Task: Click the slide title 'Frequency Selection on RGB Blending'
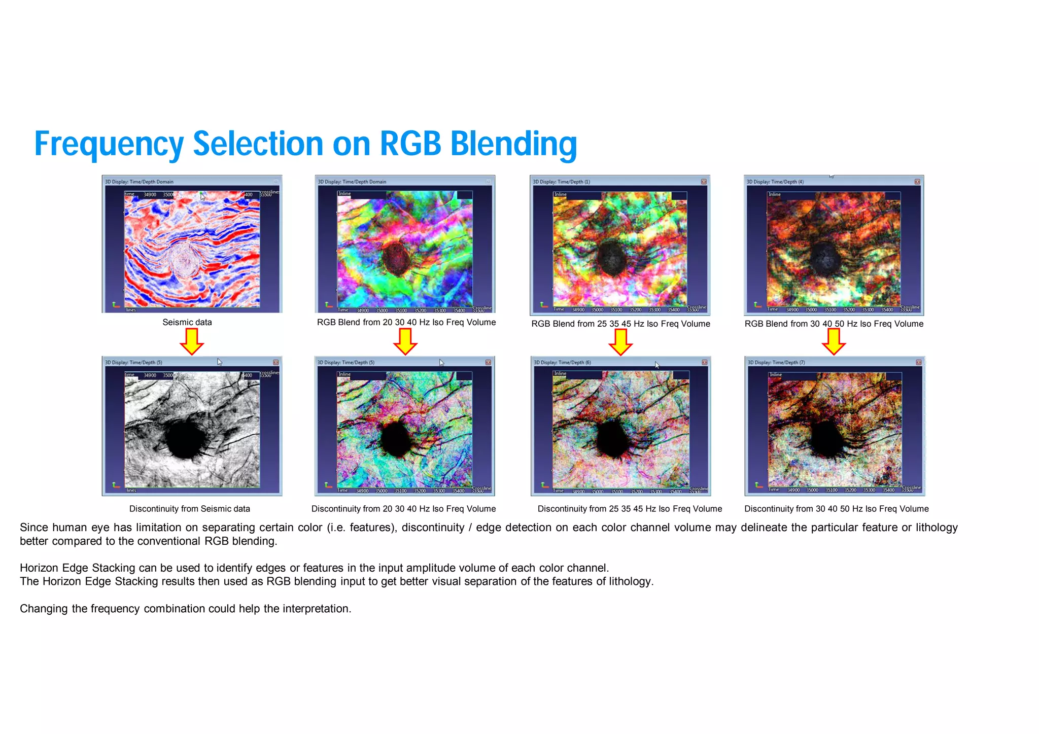pyautogui.click(x=305, y=144)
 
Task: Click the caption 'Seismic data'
pyautogui.click(x=187, y=322)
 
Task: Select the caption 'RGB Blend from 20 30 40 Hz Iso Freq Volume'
pyautogui.click(x=406, y=322)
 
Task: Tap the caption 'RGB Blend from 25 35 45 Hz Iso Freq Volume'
pyautogui.click(x=620, y=324)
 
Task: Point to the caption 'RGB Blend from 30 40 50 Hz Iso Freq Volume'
pyautogui.click(x=834, y=324)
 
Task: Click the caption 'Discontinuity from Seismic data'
pyautogui.click(x=189, y=509)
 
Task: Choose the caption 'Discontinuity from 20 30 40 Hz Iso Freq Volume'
pyautogui.click(x=403, y=509)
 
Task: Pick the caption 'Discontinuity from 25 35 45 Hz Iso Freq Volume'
pyautogui.click(x=630, y=509)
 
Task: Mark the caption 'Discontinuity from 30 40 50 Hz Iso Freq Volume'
pyautogui.click(x=836, y=509)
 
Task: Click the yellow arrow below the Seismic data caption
pyautogui.click(x=192, y=341)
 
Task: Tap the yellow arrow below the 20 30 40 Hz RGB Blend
pyautogui.click(x=405, y=341)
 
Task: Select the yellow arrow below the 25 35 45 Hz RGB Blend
pyautogui.click(x=620, y=342)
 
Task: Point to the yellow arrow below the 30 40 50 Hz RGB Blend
pyautogui.click(x=834, y=342)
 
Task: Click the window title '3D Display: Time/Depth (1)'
pyautogui.click(x=561, y=182)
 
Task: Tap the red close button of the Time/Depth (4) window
pyautogui.click(x=917, y=182)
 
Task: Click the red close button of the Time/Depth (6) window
pyautogui.click(x=704, y=362)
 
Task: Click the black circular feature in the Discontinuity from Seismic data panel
pyautogui.click(x=185, y=439)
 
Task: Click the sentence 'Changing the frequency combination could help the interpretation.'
pyautogui.click(x=186, y=609)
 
